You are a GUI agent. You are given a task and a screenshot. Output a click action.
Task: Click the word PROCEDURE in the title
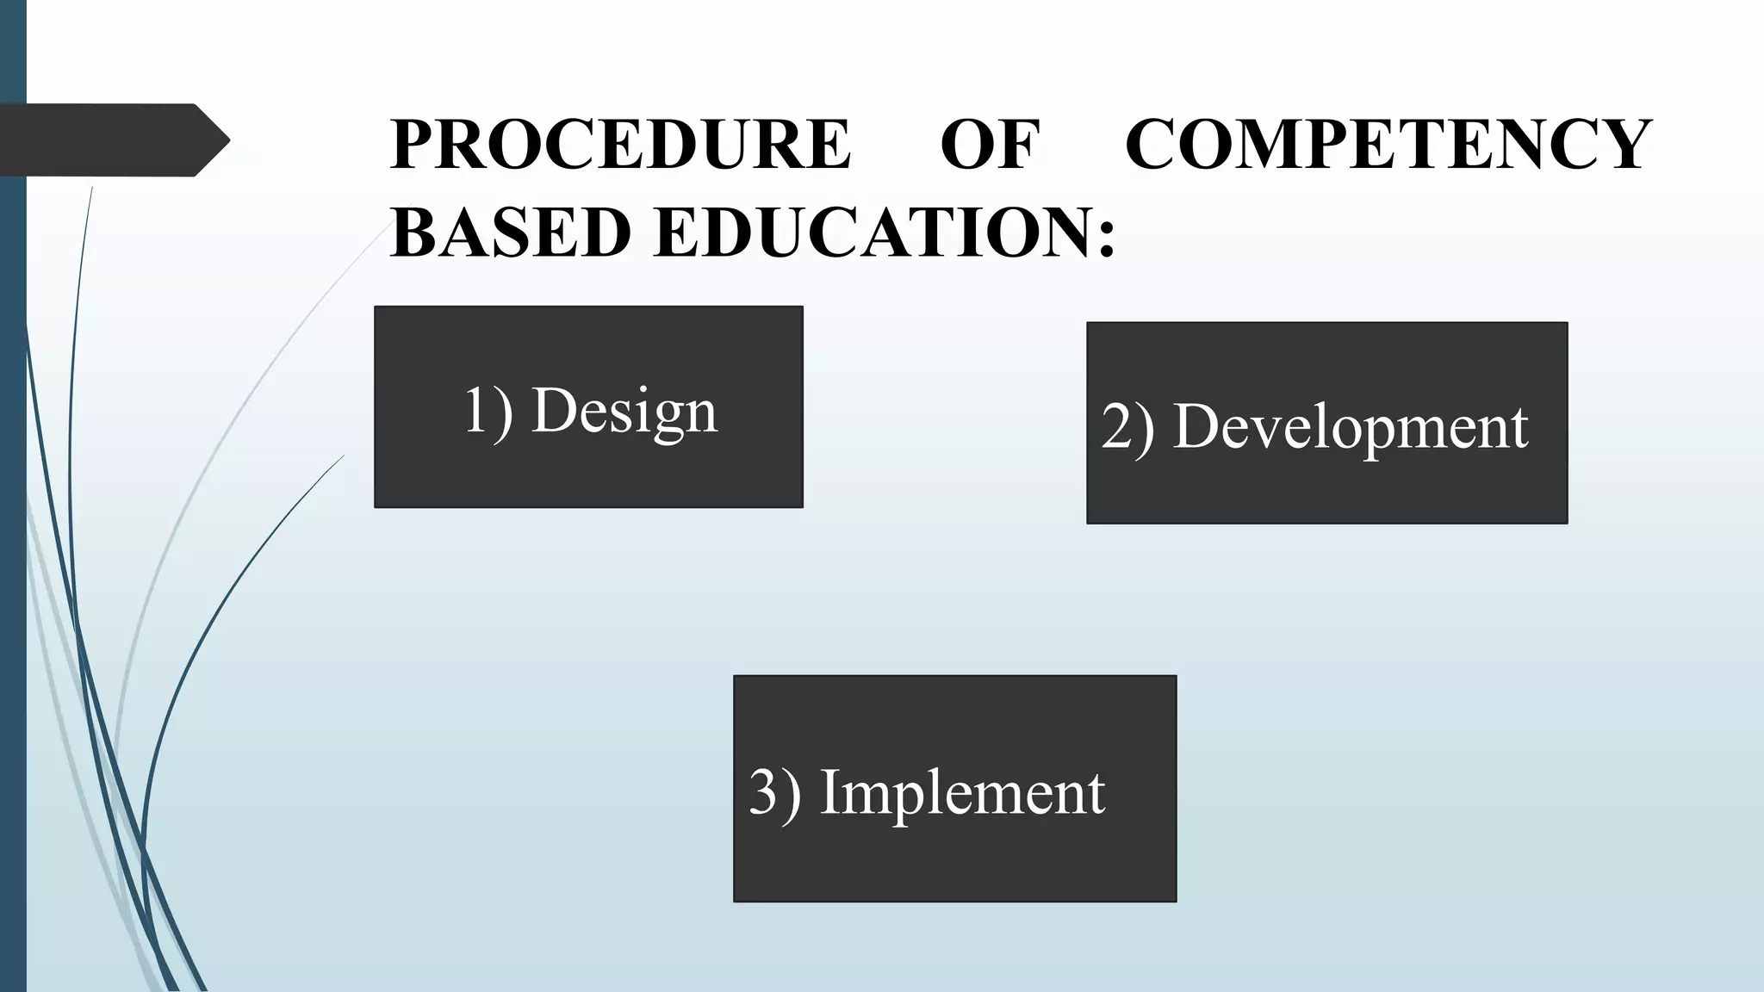(x=620, y=144)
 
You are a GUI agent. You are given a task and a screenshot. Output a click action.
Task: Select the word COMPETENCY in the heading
(x=1388, y=144)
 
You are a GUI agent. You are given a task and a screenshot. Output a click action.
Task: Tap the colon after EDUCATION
(x=1107, y=237)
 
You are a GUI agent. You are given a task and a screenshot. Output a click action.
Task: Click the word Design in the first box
(x=624, y=411)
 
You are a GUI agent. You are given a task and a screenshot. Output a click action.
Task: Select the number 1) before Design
(x=488, y=411)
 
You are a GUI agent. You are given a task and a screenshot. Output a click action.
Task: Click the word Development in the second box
(x=1351, y=427)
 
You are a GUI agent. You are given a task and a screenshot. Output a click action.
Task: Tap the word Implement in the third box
(x=962, y=792)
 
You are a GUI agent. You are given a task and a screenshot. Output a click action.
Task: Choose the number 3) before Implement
(x=774, y=792)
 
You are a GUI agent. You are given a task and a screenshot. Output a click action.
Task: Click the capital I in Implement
(x=830, y=791)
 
